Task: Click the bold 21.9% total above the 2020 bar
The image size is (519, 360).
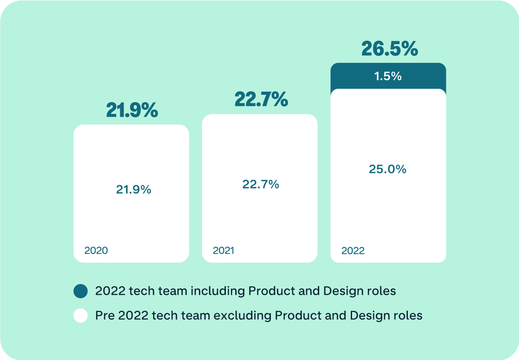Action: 132,111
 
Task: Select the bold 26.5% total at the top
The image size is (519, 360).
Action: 389,49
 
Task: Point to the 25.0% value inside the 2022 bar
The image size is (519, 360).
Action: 388,169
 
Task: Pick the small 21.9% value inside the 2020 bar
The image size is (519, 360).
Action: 133,190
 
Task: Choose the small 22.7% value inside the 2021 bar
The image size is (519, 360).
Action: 260,185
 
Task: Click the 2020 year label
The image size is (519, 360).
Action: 96,251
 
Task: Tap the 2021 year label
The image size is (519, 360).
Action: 223,251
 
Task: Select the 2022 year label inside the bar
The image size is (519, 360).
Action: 353,251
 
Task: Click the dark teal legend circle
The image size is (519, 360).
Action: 80,291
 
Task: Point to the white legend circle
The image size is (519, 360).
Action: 80,315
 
